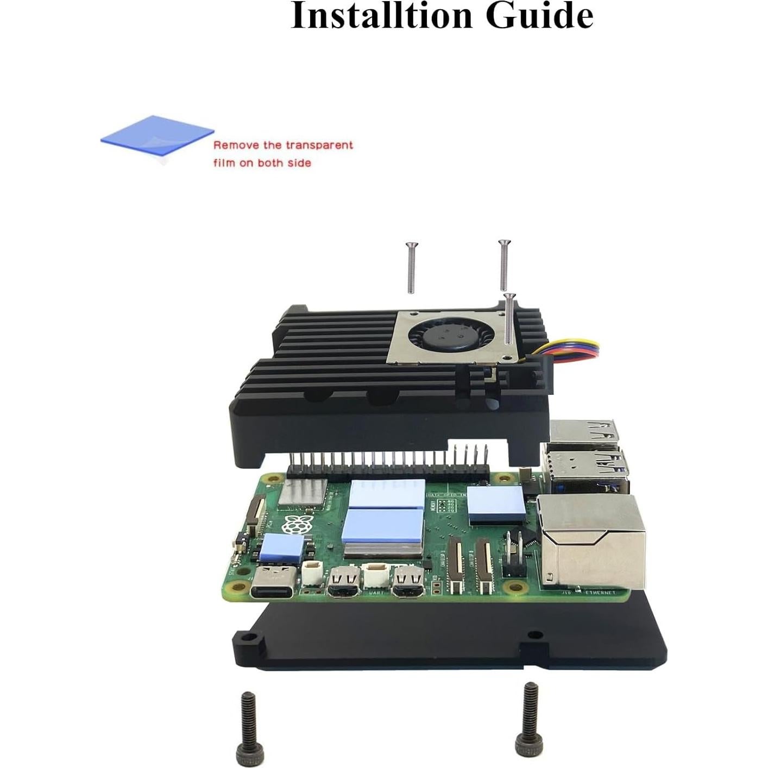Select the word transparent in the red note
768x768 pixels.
(319, 145)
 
